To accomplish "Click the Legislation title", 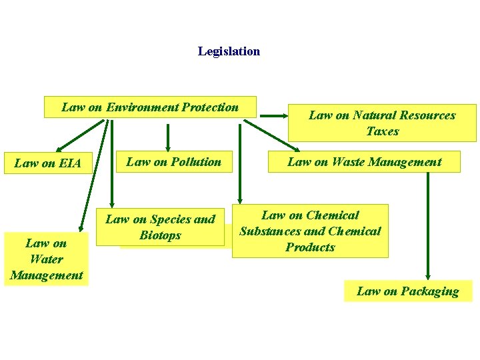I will pos(229,51).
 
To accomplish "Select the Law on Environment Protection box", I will pos(150,107).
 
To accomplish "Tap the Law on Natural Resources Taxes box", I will pos(382,123).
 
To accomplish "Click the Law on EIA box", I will pos(47,163).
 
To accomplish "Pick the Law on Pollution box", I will pos(173,161).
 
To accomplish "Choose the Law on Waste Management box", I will pos(364,161).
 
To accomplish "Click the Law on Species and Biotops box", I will pos(160,227).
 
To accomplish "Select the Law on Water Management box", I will pos(46,259).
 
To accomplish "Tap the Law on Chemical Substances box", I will pos(310,231).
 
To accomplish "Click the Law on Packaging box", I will pos(407,291).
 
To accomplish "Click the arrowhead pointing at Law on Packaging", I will pos(428,275).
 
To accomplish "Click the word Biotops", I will pos(160,235).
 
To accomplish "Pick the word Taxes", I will pos(382,131).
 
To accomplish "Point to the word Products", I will pos(310,247).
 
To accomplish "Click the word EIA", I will pos(69,163).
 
